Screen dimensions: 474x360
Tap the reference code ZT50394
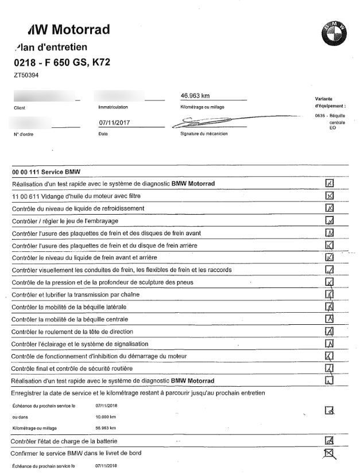tap(26, 75)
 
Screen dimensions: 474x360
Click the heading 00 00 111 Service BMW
tap(47, 172)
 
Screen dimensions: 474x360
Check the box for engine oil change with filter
tap(330, 196)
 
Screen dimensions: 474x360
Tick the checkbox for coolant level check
tap(330, 208)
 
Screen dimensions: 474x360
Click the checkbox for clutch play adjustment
tap(330, 220)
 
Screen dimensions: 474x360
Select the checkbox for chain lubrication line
tap(330, 294)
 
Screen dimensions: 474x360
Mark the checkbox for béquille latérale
tap(330, 306)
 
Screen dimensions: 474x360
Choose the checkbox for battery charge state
tap(330, 441)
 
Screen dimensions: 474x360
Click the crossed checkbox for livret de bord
tap(330, 454)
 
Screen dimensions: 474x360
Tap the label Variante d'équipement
tap(330, 103)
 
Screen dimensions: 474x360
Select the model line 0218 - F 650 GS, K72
tap(61, 62)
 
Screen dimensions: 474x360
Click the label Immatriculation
tap(109, 107)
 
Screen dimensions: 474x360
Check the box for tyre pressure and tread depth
tap(330, 282)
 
